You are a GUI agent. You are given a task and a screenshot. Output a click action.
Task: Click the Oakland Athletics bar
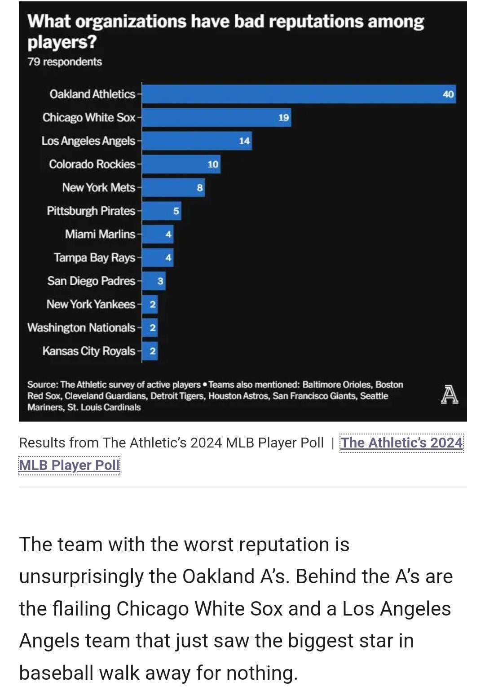(x=299, y=94)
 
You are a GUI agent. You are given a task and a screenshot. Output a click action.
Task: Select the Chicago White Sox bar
(x=216, y=118)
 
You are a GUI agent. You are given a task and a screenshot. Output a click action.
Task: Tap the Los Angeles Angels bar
(x=197, y=141)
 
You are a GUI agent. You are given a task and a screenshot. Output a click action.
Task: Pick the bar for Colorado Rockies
(x=181, y=164)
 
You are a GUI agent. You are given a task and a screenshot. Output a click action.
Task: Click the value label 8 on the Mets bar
(x=199, y=188)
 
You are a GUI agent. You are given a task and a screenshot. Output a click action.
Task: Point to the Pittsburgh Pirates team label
(x=91, y=211)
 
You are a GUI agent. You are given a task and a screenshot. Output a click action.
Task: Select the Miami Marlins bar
(x=158, y=235)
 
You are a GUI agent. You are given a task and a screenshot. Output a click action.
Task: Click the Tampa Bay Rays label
(x=95, y=258)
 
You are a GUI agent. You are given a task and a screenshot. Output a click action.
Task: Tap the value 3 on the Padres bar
(x=160, y=281)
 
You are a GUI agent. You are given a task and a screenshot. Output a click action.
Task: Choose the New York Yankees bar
(x=150, y=304)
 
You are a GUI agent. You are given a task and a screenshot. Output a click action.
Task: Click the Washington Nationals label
(x=81, y=328)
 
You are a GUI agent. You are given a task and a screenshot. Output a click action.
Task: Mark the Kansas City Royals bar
(x=150, y=351)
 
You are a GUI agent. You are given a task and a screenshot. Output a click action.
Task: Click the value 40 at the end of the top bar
(x=448, y=94)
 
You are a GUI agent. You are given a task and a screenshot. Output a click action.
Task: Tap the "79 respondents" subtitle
(x=65, y=62)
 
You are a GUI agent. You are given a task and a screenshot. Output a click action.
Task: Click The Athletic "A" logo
(x=450, y=394)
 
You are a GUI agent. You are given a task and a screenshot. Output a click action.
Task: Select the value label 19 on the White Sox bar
(x=283, y=118)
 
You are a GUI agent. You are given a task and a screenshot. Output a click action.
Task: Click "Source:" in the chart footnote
(x=43, y=385)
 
